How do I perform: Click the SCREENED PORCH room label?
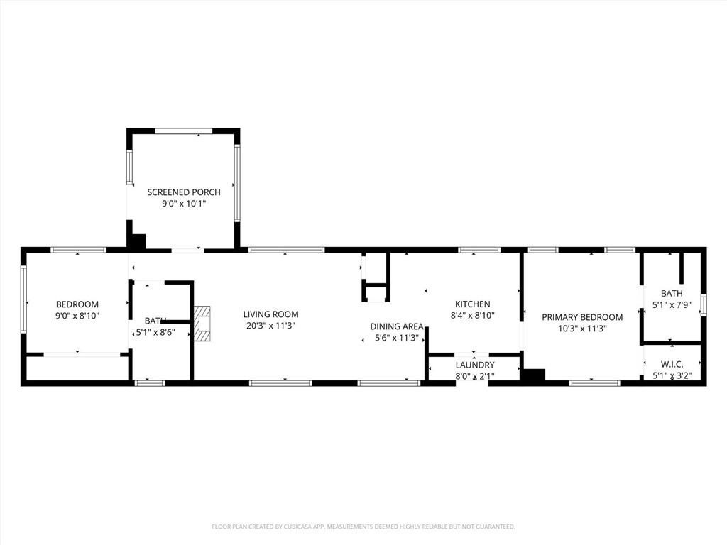click(x=184, y=192)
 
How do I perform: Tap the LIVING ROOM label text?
click(x=270, y=314)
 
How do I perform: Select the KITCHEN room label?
click(x=473, y=304)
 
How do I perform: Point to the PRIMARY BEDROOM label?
click(x=582, y=317)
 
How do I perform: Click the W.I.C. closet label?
click(x=672, y=364)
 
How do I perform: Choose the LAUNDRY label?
click(x=475, y=365)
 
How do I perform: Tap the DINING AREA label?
click(x=397, y=326)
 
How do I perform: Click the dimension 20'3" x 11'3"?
click(x=270, y=326)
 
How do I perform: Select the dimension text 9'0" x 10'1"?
click(x=184, y=204)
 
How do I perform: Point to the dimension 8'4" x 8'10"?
click(x=473, y=316)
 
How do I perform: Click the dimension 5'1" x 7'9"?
click(x=672, y=305)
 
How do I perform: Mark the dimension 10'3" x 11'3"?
click(x=582, y=329)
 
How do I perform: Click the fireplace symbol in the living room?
click(x=203, y=321)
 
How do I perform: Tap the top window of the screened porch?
click(x=183, y=131)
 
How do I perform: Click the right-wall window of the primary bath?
click(x=704, y=304)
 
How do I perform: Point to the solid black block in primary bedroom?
click(x=532, y=375)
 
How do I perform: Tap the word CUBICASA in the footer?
click(x=291, y=527)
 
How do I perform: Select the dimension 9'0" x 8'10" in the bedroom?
click(x=77, y=316)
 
